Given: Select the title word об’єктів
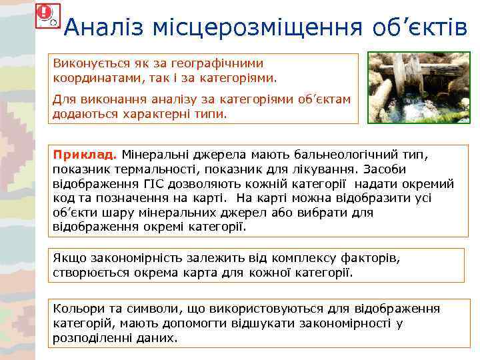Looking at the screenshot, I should pos(420,27).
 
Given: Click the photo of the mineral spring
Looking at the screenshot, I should pos(418,87).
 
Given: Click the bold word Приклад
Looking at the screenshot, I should pos(77,155).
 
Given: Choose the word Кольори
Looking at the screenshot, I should pos(76,309).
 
